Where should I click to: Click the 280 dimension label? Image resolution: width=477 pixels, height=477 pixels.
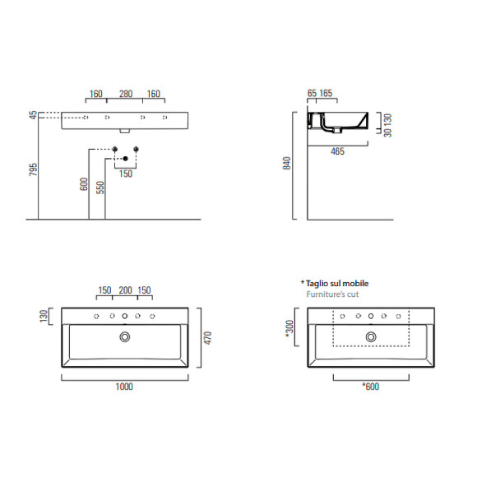(x=125, y=94)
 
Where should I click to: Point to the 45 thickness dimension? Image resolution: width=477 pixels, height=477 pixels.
(x=33, y=116)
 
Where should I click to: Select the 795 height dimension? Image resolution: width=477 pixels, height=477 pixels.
(x=33, y=169)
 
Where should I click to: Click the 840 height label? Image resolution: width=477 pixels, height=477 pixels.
(x=287, y=164)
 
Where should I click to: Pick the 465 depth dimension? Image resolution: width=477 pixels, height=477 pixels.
(x=336, y=151)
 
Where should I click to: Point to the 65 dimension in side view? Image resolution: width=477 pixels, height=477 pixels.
(x=311, y=95)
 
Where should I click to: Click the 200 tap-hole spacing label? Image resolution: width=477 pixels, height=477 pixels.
(x=125, y=290)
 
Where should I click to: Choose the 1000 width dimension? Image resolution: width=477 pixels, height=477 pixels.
(x=124, y=386)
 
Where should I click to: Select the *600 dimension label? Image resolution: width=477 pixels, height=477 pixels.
(x=371, y=386)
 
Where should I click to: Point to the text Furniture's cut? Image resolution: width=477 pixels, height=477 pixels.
(x=332, y=294)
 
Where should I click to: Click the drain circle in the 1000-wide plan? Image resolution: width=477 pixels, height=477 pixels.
(x=125, y=336)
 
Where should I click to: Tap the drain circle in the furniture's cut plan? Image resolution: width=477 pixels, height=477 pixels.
(x=372, y=336)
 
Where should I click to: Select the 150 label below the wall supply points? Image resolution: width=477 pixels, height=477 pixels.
(x=125, y=174)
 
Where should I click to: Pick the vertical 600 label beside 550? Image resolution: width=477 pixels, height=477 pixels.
(x=83, y=184)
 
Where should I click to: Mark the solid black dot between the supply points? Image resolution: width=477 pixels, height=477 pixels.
(x=125, y=158)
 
